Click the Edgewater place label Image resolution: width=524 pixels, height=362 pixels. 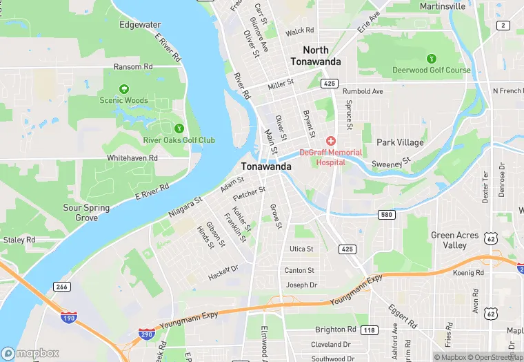[139, 25]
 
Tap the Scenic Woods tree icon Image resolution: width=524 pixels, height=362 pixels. [124, 89]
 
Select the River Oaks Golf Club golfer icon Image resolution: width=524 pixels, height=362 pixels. [179, 128]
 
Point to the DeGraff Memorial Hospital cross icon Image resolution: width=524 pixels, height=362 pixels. [331, 140]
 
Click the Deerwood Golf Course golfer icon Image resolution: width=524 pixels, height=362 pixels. [432, 58]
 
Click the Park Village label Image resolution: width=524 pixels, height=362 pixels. [400, 142]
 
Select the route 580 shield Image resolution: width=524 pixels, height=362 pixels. [387, 215]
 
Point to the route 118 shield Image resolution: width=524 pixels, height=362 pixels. [370, 330]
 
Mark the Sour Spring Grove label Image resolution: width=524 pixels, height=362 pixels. [86, 213]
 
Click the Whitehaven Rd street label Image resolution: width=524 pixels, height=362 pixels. [132, 158]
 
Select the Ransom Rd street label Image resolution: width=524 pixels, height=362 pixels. [133, 67]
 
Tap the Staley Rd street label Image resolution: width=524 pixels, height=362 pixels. [19, 240]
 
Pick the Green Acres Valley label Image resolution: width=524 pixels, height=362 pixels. [454, 240]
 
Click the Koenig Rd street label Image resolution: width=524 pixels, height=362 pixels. [469, 273]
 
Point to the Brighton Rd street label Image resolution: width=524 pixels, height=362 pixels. [336, 330]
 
